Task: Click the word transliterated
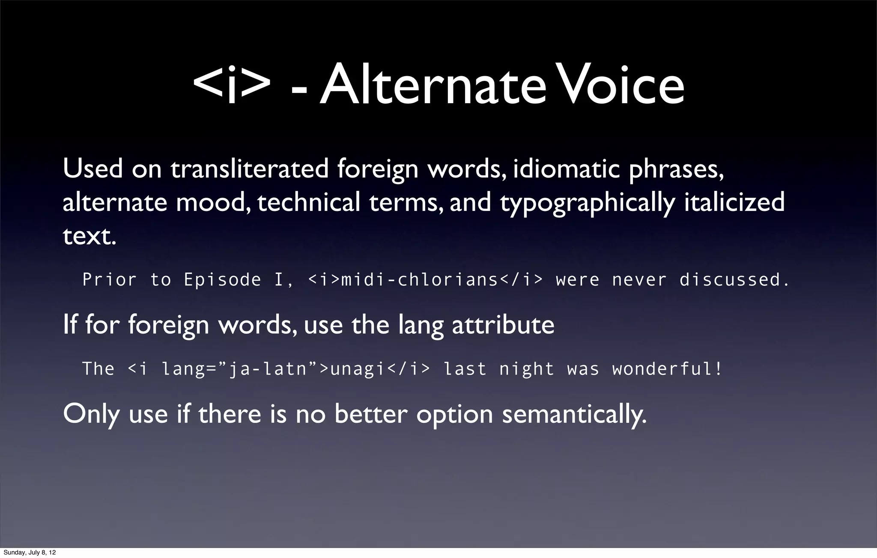250,169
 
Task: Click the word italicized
734,202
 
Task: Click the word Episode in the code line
222,280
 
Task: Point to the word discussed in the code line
734,280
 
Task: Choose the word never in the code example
639,280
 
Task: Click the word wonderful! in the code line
667,369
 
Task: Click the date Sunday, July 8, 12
30,552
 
